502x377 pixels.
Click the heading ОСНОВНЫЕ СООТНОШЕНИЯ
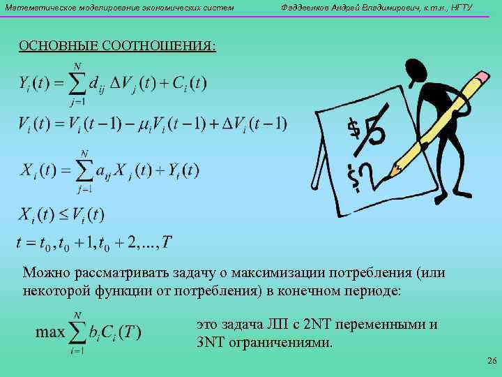(117, 46)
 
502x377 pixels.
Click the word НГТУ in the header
(459, 8)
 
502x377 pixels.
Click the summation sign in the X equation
(85, 170)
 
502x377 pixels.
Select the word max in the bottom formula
(50, 332)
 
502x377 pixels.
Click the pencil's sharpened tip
(393, 170)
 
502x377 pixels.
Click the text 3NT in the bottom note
(211, 343)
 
